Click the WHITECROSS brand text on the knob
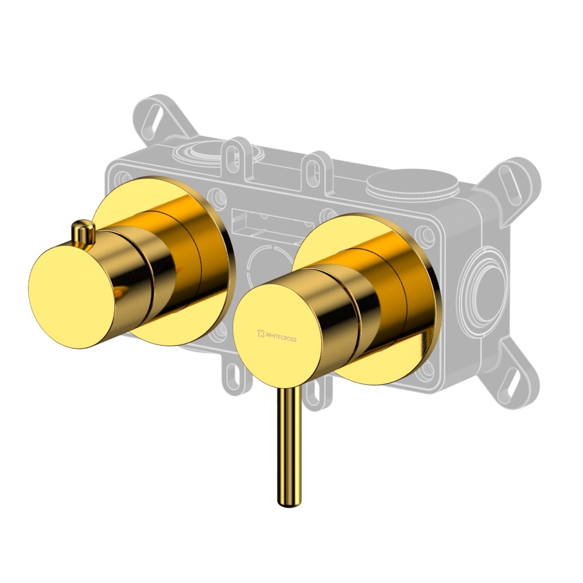pyautogui.click(x=281, y=336)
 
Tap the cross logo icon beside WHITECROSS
pyautogui.click(x=261, y=333)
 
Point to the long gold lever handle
pyautogui.click(x=289, y=446)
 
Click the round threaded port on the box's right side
pyautogui.click(x=483, y=284)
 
